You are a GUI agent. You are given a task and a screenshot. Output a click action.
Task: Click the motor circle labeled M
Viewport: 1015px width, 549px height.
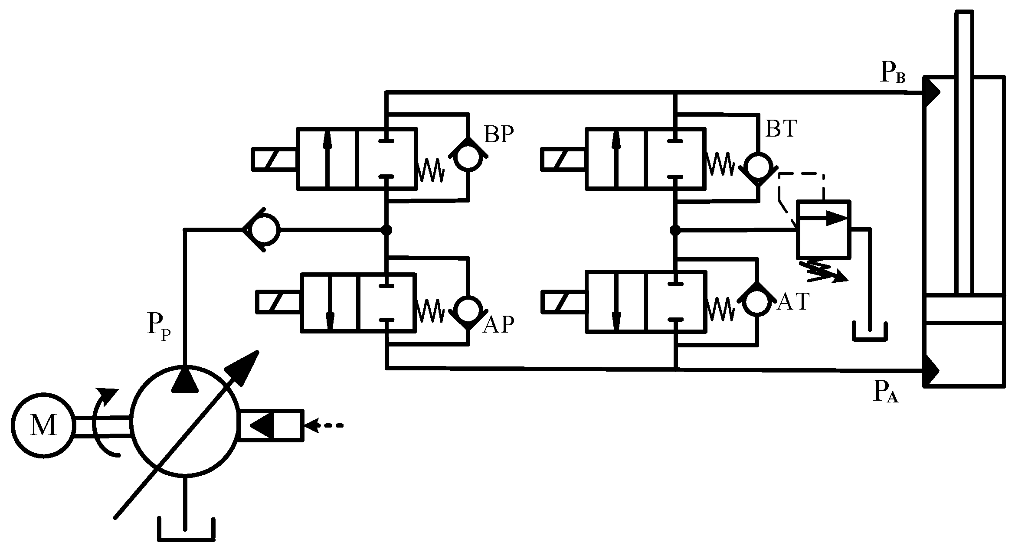point(43,425)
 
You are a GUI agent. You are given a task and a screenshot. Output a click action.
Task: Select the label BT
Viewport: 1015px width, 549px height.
point(781,129)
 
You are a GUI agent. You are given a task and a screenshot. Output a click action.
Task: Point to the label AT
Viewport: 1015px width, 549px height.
point(793,302)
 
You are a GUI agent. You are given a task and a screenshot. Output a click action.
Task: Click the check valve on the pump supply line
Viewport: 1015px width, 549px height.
point(262,230)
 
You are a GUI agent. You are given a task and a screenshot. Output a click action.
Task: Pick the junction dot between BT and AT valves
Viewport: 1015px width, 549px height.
point(675,230)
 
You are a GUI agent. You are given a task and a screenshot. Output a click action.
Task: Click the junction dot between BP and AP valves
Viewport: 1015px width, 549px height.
point(386,230)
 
